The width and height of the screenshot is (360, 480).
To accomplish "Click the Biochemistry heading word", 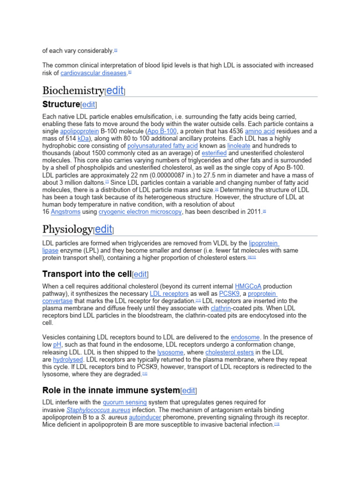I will pos(73,90).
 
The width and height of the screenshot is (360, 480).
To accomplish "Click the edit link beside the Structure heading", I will pos(89,105).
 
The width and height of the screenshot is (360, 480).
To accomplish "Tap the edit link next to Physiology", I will pos(104,229).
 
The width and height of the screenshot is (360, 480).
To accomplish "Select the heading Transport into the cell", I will pos(87,274).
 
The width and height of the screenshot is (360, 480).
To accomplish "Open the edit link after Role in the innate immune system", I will pos(189,390).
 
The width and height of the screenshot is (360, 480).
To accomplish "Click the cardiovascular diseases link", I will pos(94,73).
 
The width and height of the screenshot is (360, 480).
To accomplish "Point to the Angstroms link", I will pos(66,212).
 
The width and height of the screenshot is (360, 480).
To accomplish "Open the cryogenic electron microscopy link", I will pos(140,212).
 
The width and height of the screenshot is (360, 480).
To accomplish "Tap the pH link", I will pos(57,345).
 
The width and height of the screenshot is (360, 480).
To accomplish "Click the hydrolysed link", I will pos(68,360).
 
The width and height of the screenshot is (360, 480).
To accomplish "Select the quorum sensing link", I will pos(125,402).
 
